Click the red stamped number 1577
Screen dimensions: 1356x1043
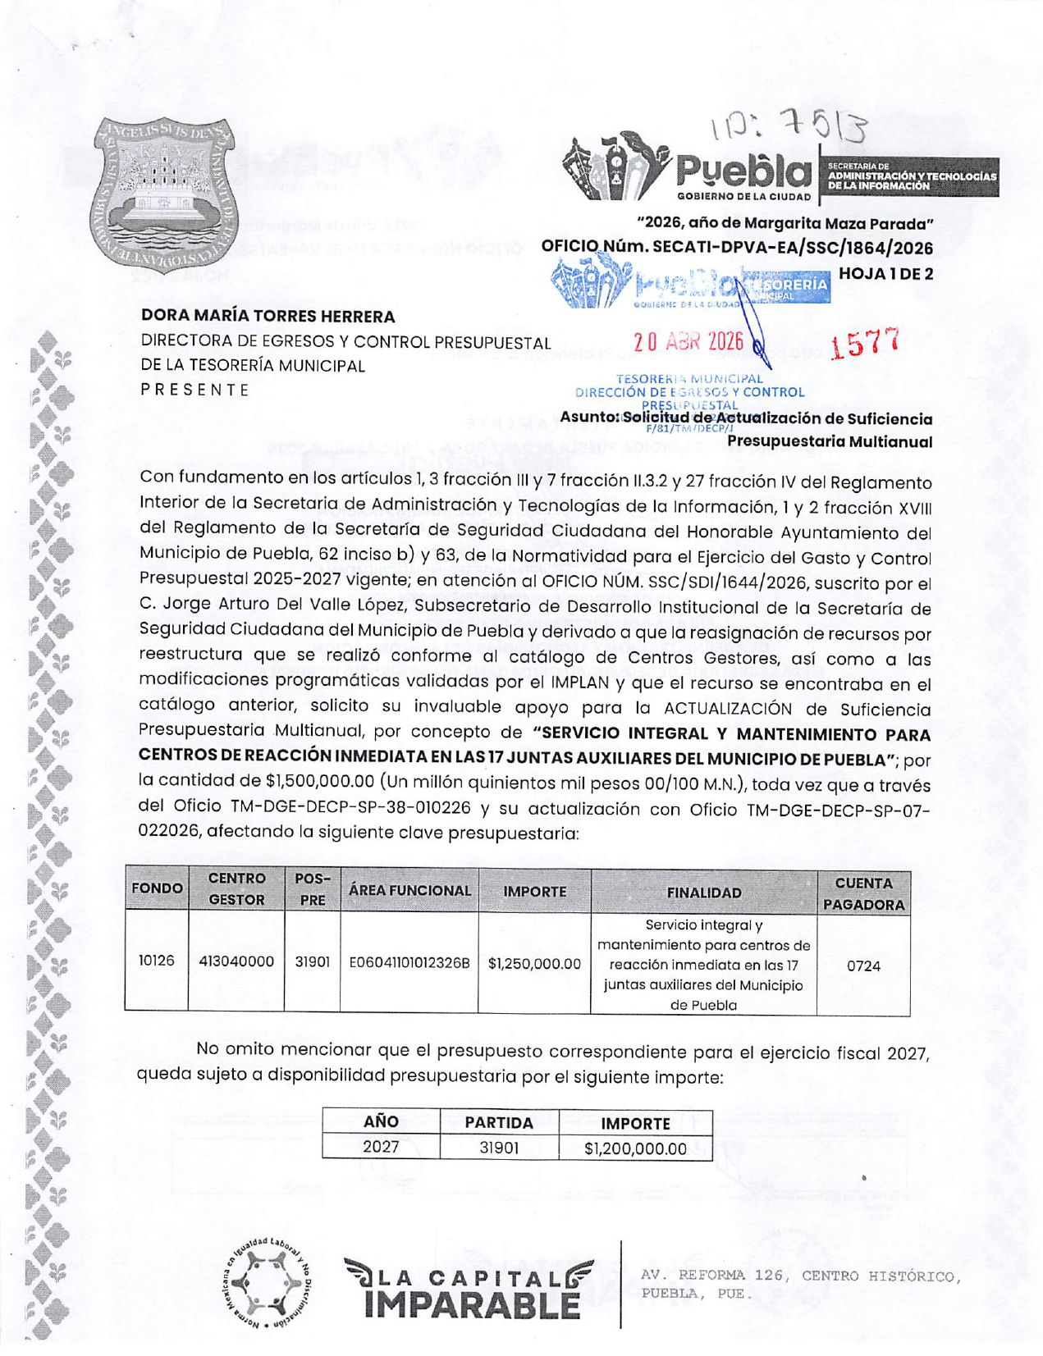click(865, 344)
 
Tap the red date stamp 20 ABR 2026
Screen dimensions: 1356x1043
click(688, 341)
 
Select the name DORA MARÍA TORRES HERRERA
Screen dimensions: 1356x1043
click(268, 316)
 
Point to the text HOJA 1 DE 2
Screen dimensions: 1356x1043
click(885, 274)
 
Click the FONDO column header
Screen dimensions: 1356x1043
click(157, 888)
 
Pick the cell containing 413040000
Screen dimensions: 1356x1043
click(236, 961)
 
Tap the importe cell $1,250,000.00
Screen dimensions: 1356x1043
click(534, 963)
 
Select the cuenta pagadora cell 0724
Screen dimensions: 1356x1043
click(863, 966)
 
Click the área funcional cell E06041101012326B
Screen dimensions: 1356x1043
click(409, 962)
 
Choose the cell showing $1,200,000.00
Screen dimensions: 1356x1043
click(635, 1148)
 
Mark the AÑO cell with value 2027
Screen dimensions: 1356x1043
click(381, 1147)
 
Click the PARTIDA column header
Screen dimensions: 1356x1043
click(499, 1122)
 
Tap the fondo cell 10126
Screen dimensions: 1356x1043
click(156, 961)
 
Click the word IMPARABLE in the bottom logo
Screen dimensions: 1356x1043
click(471, 1304)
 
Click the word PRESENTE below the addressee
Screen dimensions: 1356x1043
click(194, 390)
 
